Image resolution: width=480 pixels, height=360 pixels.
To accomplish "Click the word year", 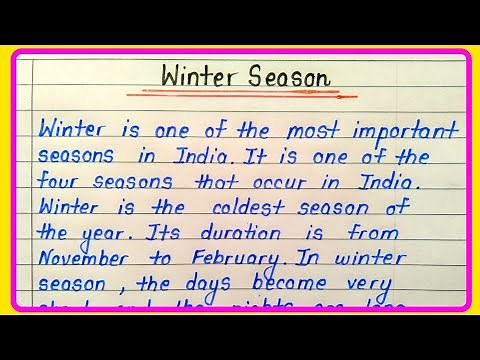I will pos(100,232).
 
